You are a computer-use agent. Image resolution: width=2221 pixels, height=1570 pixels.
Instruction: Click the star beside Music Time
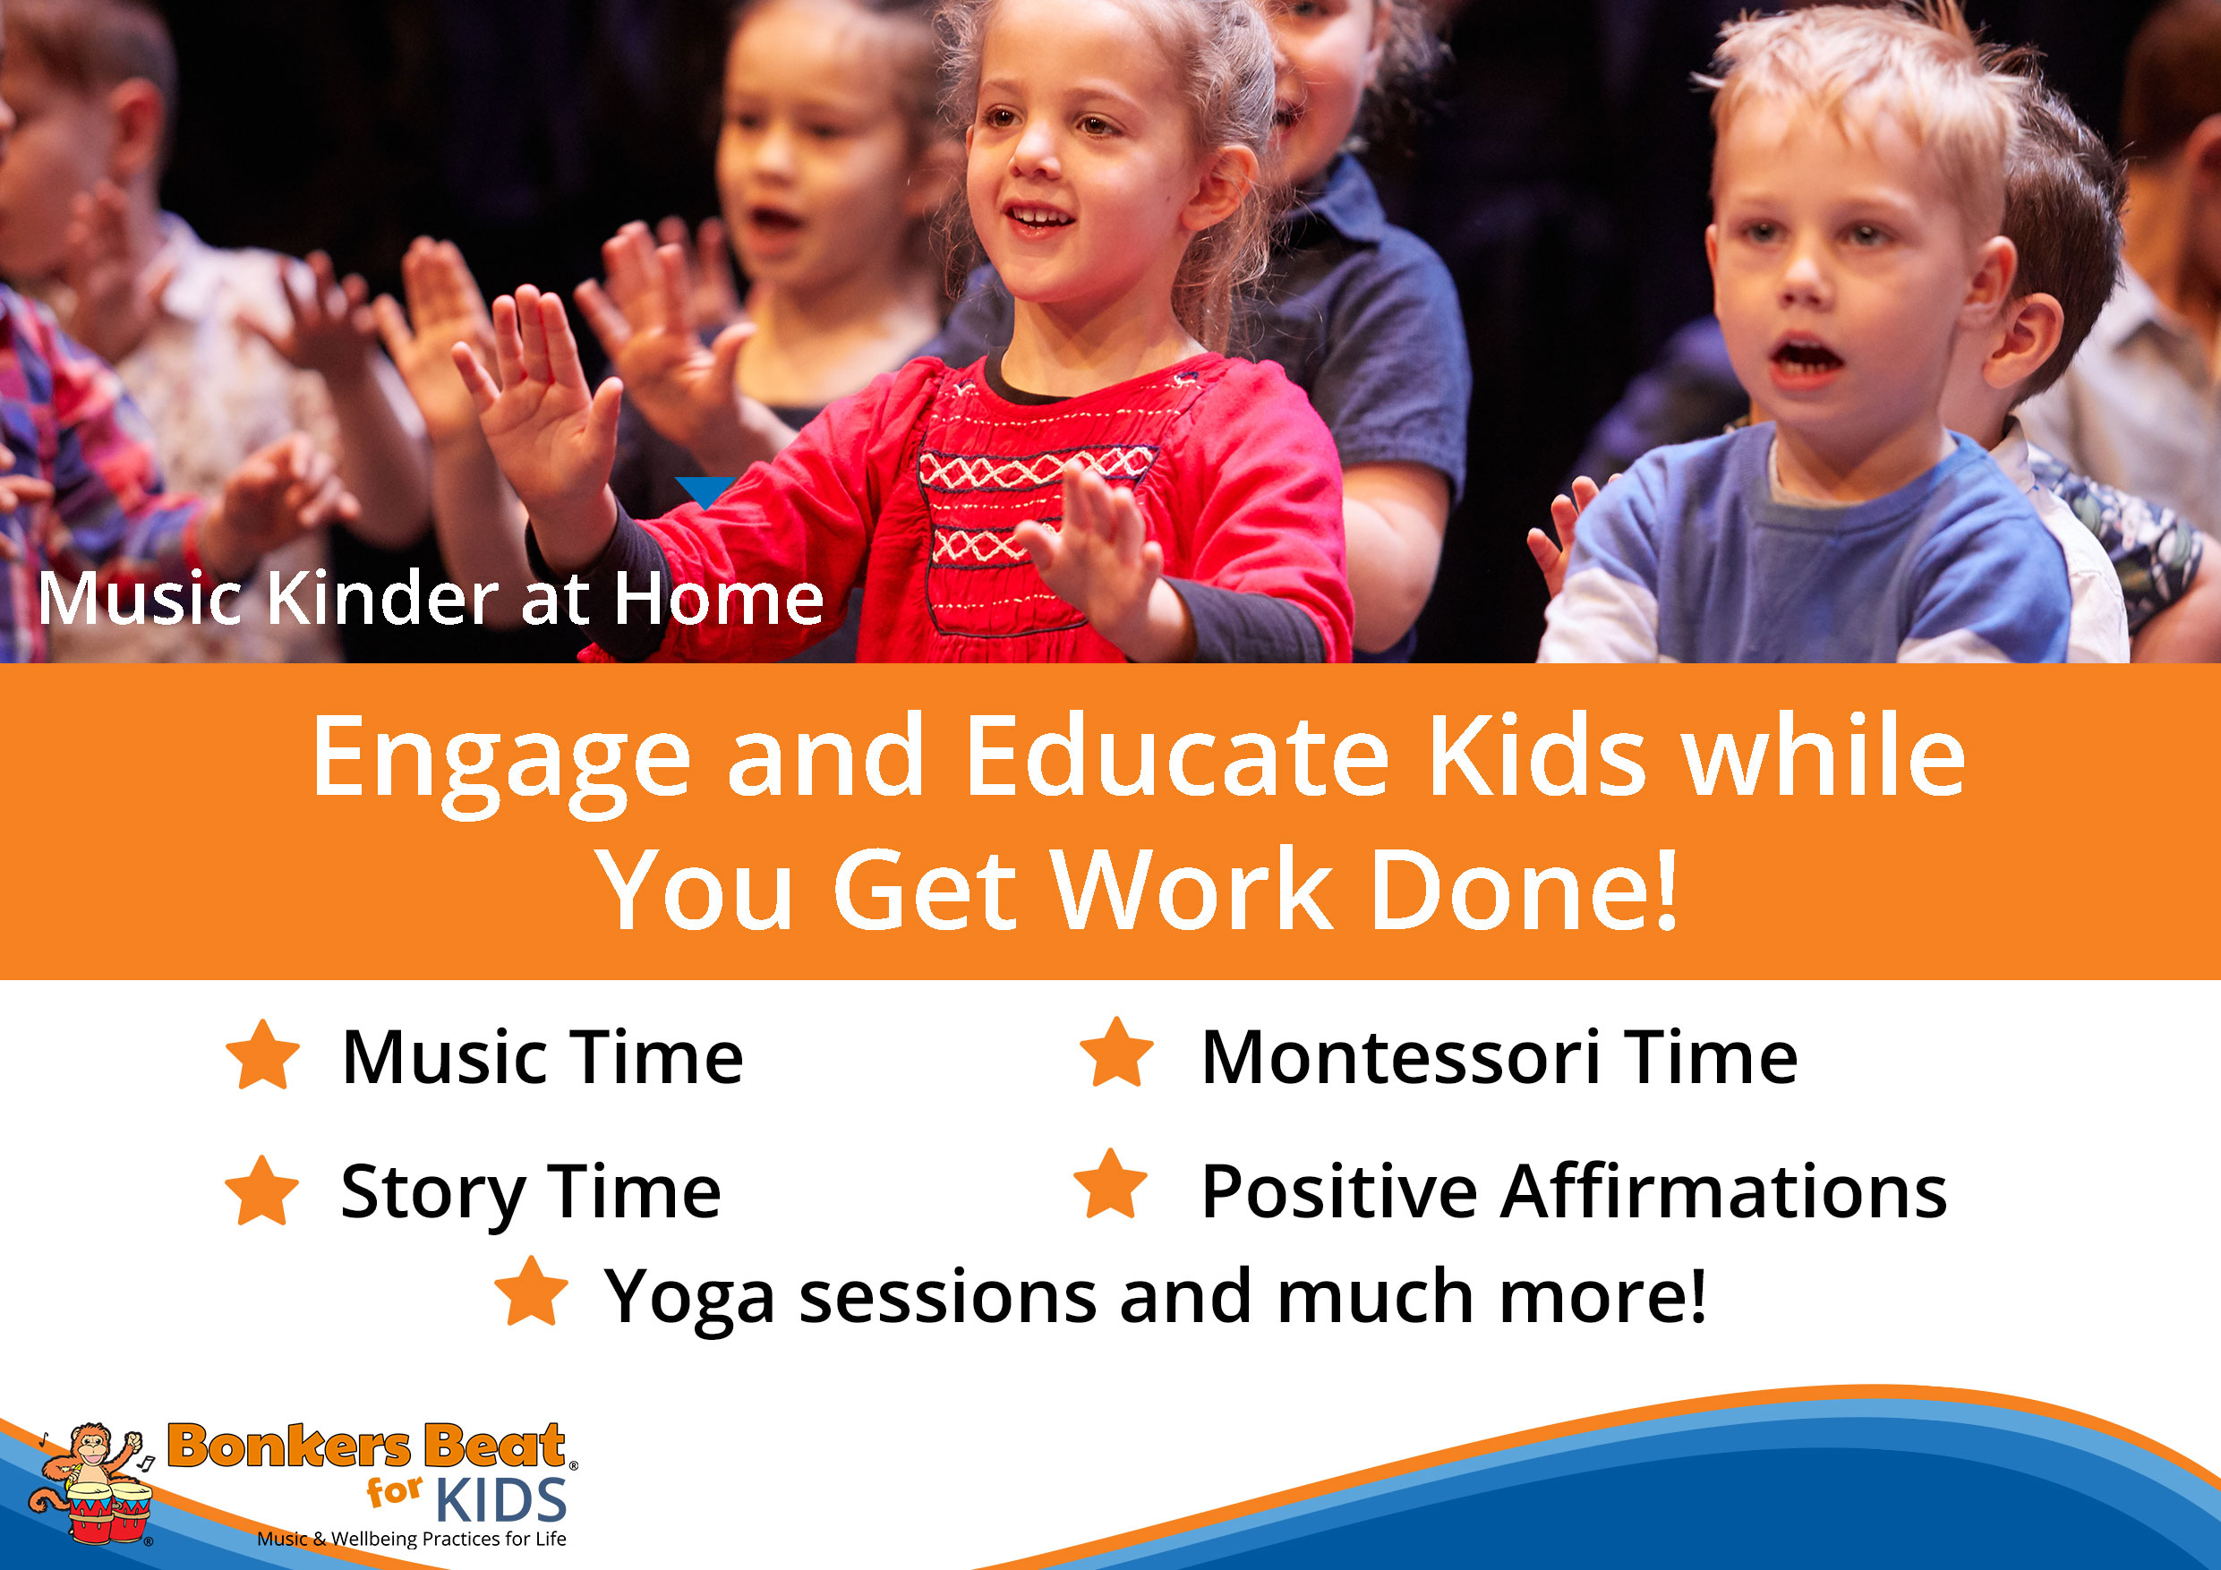262,1054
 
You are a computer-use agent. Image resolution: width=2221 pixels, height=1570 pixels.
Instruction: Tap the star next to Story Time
261,1190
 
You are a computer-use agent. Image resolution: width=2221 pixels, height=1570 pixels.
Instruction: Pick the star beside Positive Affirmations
1110,1184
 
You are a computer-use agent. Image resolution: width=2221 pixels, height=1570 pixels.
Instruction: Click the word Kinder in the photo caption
382,599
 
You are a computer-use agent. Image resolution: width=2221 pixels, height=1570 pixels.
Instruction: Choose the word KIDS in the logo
501,1500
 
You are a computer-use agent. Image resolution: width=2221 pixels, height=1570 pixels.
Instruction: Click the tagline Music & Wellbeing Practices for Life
411,1539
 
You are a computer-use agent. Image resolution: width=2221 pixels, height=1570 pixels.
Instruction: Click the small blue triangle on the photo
705,491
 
